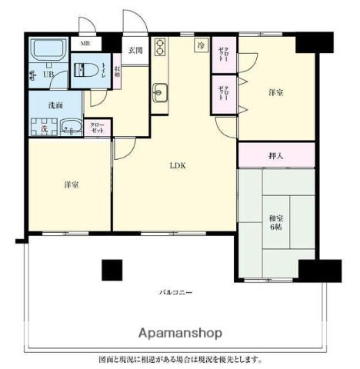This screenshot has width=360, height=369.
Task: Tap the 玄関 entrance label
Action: [135, 51]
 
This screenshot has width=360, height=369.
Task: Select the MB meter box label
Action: [86, 44]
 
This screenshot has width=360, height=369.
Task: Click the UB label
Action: [48, 75]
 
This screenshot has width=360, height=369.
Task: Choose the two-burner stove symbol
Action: [160, 48]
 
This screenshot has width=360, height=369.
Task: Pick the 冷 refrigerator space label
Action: [200, 46]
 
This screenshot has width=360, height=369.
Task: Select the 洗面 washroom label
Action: [55, 105]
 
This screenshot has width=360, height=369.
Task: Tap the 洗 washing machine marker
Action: [44, 128]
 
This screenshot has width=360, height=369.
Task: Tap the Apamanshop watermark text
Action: [180, 334]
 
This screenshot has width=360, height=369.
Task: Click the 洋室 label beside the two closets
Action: [276, 93]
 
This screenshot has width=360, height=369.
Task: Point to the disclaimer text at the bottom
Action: [180, 359]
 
